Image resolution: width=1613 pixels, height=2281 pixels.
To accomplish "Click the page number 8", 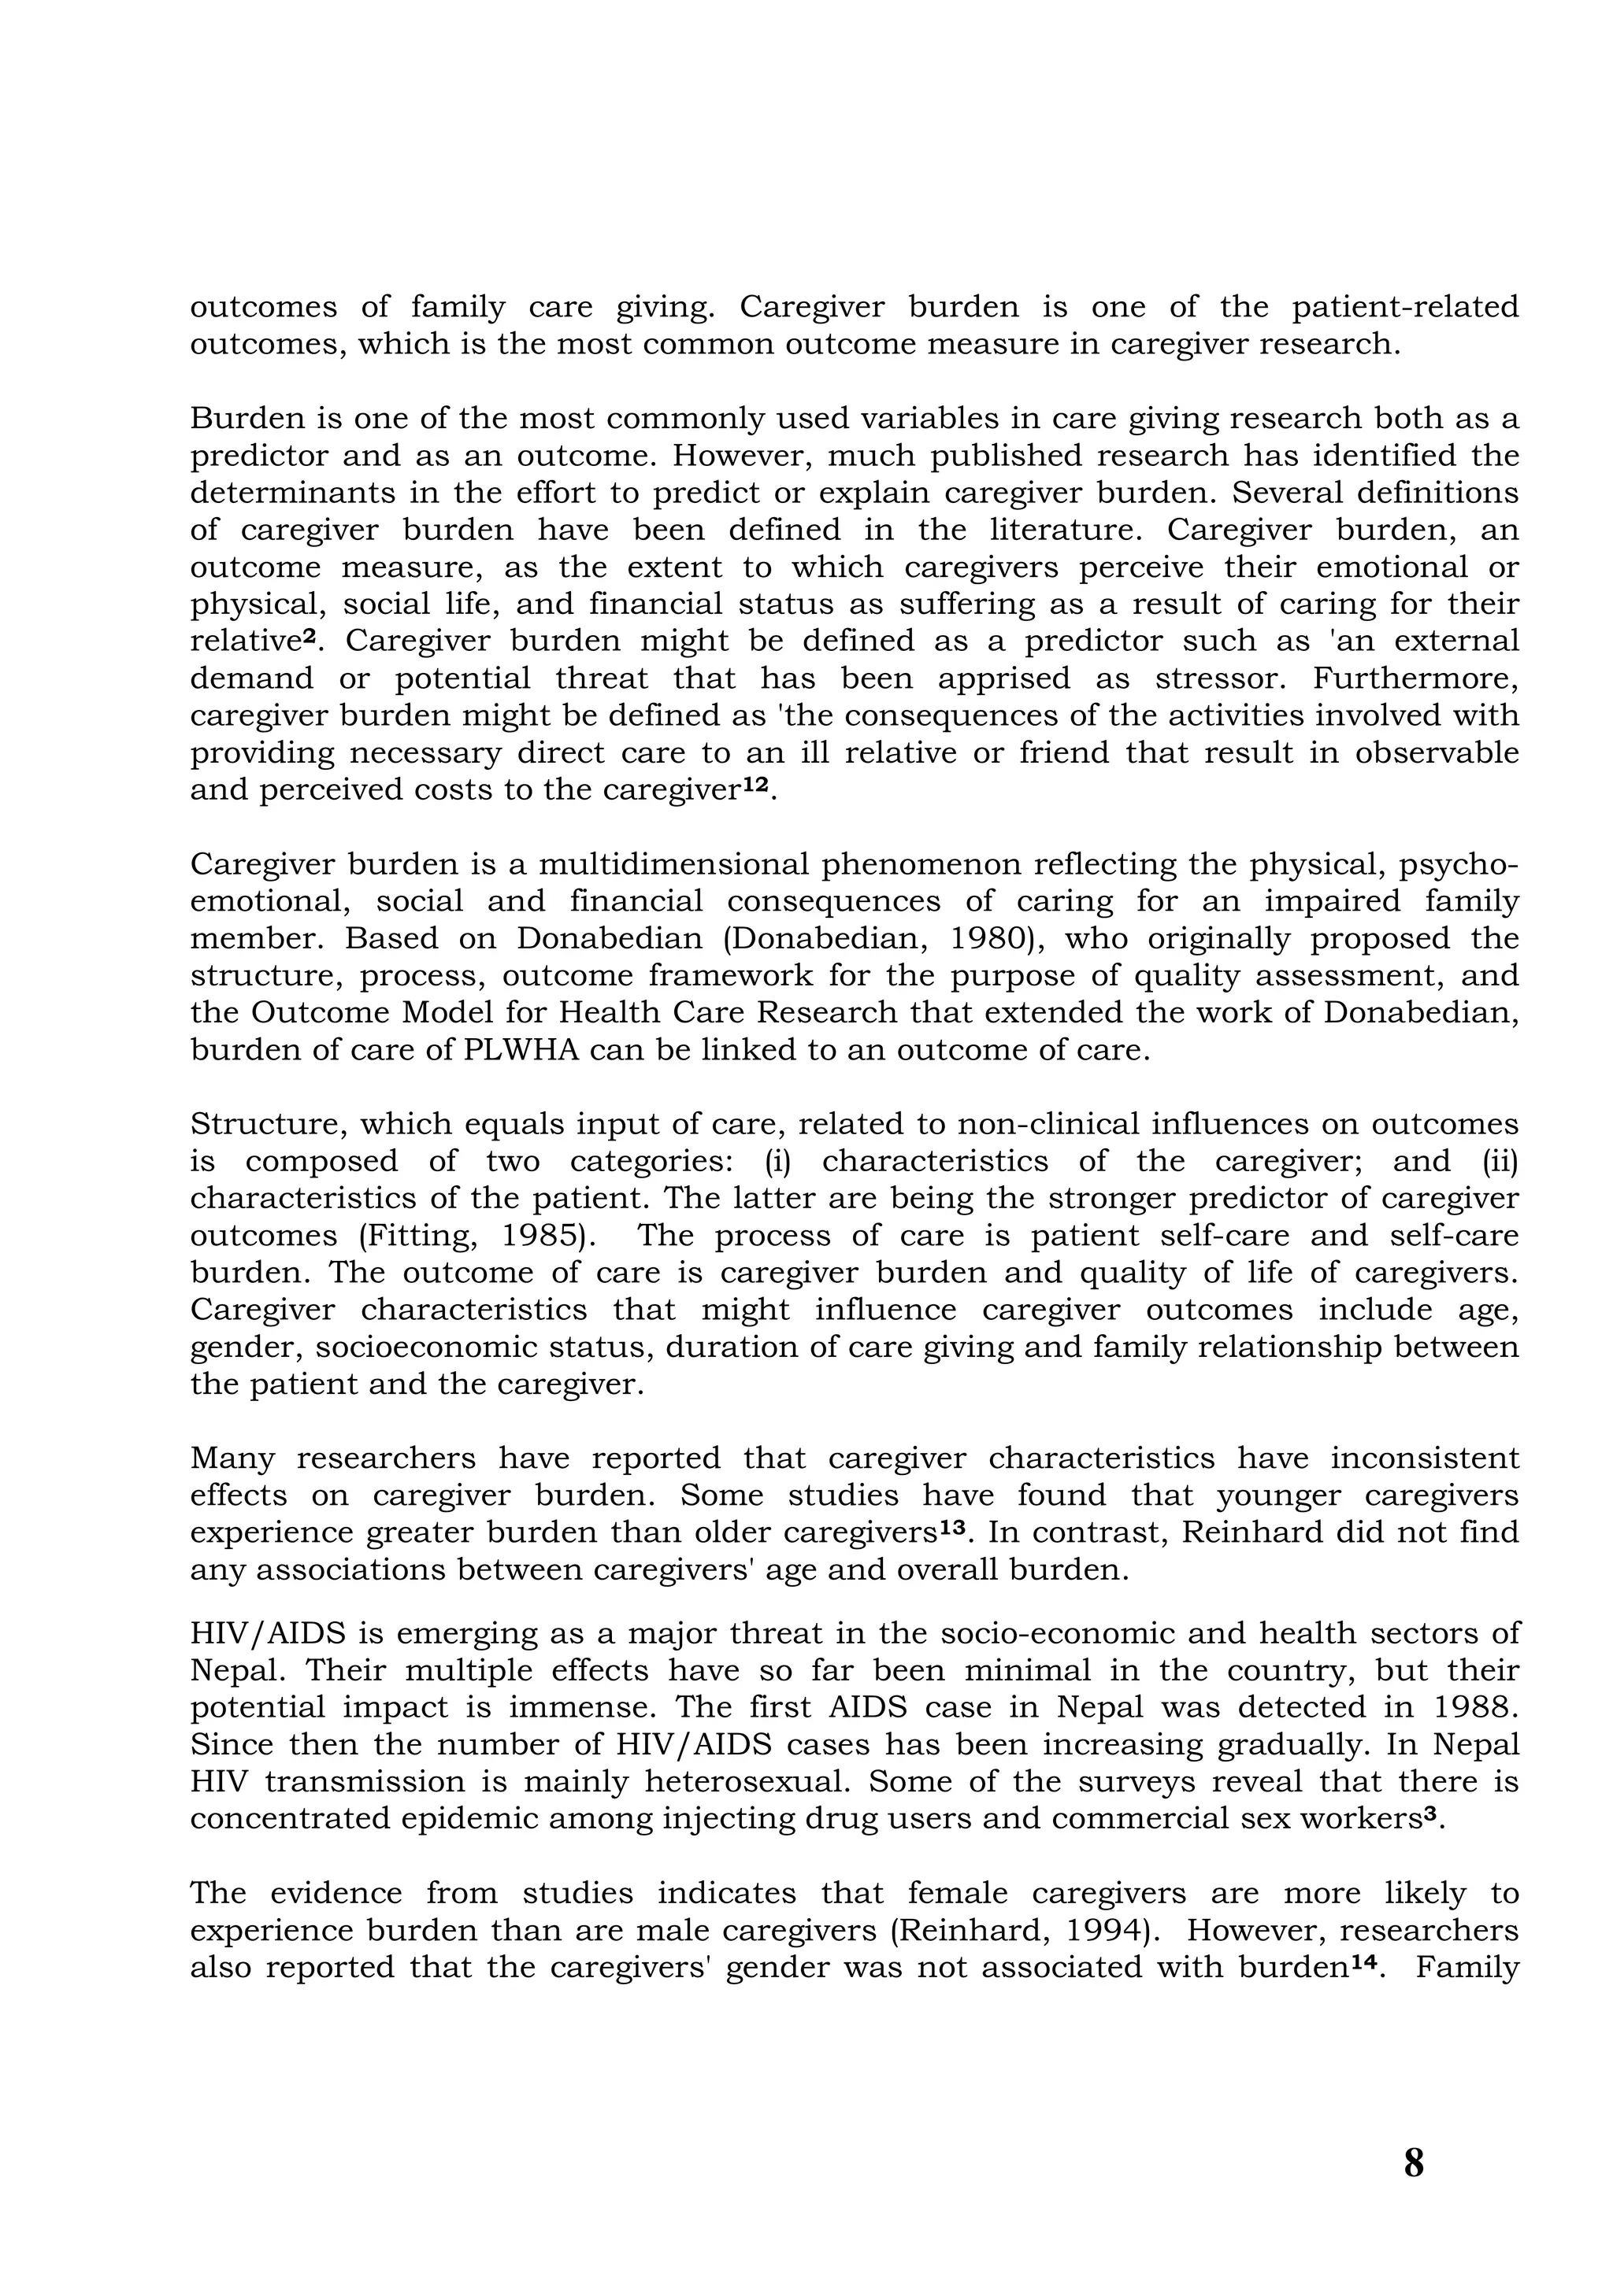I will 1413,2162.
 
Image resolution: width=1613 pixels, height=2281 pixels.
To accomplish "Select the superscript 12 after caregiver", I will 755,784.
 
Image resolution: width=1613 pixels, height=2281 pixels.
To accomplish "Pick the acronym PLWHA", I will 521,1050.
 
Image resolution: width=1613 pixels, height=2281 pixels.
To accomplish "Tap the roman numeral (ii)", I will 1500,1162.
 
